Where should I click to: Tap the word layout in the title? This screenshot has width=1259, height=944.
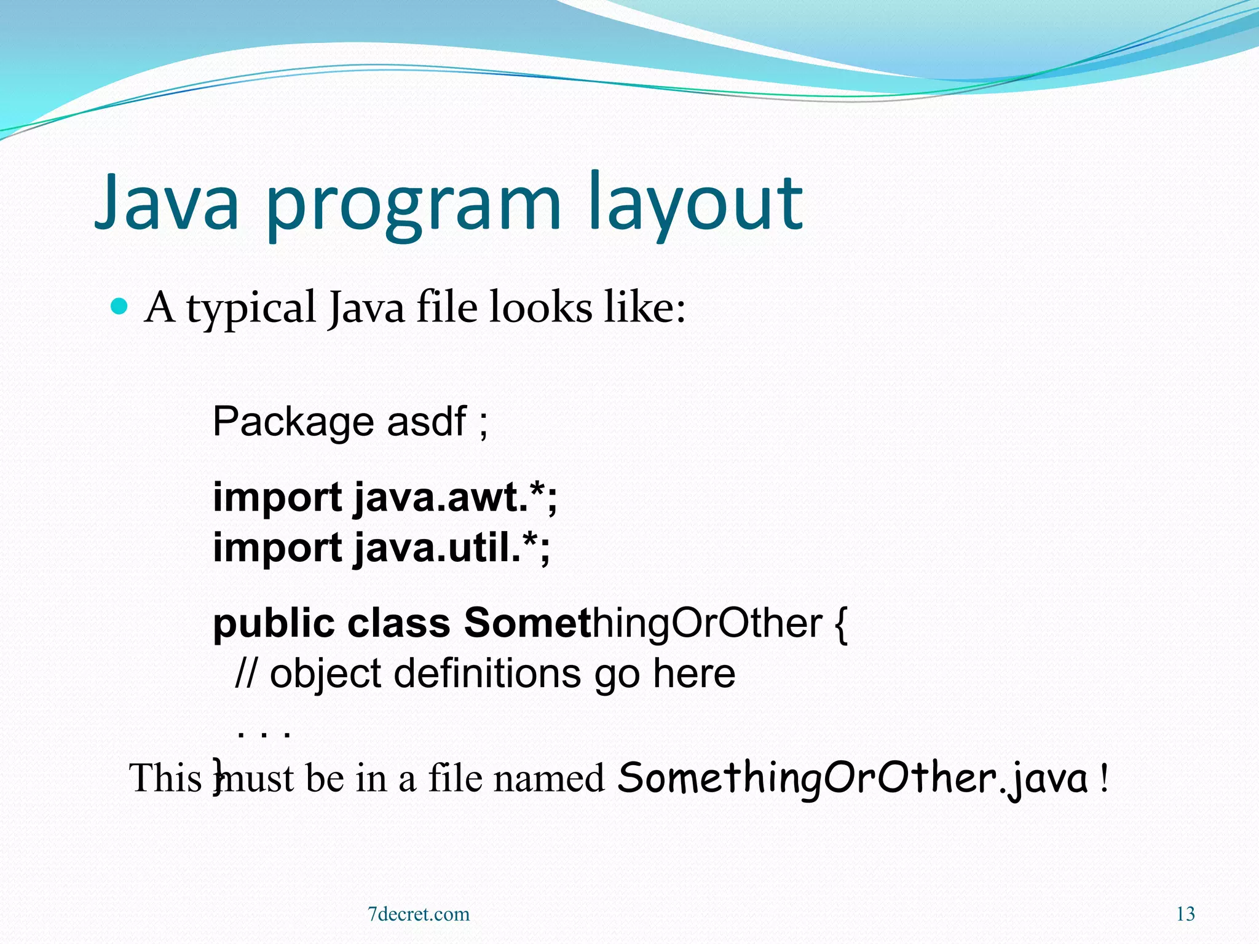coord(695,206)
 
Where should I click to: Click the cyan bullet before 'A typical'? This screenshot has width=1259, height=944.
coord(119,305)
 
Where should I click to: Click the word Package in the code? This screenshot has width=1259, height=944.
coord(293,422)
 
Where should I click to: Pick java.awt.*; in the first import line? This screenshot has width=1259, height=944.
coord(456,498)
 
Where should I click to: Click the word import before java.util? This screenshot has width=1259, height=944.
coord(277,549)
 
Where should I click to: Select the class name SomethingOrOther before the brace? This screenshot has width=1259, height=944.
coord(642,624)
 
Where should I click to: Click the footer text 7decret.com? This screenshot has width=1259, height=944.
coord(418,914)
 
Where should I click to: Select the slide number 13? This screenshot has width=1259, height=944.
coord(1185,914)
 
